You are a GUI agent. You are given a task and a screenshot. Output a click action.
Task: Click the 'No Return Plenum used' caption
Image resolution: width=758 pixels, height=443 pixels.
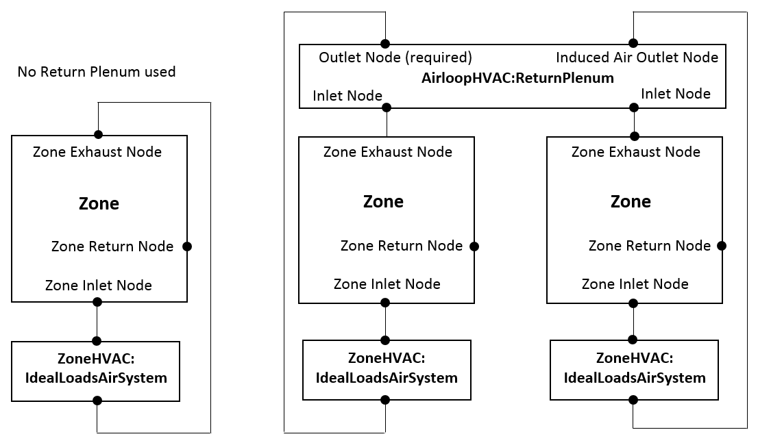click(97, 72)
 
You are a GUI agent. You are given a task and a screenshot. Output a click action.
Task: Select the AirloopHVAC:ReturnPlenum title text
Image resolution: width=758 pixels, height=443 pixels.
click(517, 78)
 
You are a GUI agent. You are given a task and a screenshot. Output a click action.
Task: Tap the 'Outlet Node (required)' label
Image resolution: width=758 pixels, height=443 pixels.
click(395, 58)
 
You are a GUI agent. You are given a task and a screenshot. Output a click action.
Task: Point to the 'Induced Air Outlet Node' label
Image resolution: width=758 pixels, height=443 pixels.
click(637, 58)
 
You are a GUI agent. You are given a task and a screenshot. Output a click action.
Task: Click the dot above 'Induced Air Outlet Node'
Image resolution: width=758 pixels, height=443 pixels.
click(634, 42)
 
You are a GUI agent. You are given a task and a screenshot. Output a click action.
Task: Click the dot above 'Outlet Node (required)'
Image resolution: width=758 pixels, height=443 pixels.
click(385, 42)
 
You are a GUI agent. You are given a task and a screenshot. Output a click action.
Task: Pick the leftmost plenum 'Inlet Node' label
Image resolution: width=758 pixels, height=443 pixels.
click(347, 96)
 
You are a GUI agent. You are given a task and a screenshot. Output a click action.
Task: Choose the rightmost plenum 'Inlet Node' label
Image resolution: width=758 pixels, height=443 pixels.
click(676, 94)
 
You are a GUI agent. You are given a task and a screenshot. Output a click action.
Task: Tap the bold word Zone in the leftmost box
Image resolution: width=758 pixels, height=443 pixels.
click(99, 204)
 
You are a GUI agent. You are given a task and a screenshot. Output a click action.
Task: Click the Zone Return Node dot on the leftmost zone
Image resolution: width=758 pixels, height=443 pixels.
click(186, 246)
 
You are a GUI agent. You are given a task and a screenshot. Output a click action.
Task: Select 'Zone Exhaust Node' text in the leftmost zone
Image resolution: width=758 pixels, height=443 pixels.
click(97, 152)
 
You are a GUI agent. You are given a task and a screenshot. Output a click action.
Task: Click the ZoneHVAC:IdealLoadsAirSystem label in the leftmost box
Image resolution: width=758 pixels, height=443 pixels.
click(95, 368)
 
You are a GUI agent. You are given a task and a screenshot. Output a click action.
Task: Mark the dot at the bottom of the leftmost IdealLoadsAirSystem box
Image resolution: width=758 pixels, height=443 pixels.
click(97, 401)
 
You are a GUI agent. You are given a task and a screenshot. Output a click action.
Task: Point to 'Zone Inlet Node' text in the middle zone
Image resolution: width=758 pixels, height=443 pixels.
click(387, 283)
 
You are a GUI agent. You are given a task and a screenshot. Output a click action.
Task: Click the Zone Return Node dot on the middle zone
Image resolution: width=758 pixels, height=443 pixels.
click(474, 246)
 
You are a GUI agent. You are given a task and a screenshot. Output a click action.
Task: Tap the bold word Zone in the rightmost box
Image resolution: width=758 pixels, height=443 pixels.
click(631, 202)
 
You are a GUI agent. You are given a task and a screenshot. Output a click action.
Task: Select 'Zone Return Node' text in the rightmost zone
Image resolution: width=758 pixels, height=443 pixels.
click(650, 246)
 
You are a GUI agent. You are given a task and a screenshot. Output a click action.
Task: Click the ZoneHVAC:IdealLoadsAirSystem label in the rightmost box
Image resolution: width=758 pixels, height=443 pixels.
click(635, 368)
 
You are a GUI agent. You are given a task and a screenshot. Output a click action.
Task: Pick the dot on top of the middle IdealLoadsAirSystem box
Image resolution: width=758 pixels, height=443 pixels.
click(385, 340)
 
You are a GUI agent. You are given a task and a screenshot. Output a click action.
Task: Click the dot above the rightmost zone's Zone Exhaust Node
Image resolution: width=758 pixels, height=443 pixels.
click(635, 136)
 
